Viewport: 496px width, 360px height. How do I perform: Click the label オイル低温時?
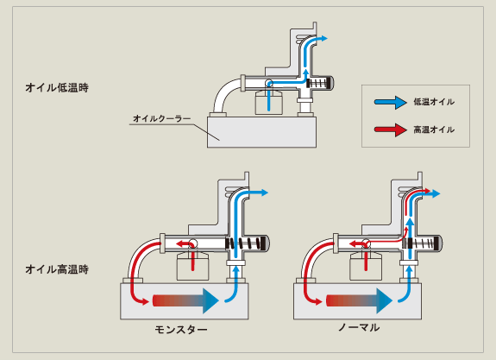click(x=57, y=87)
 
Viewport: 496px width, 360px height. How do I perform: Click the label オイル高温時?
click(x=57, y=269)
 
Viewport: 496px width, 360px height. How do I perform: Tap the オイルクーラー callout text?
click(x=162, y=118)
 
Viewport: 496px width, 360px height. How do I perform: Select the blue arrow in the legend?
click(x=391, y=102)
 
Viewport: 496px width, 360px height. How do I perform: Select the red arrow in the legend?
click(x=391, y=129)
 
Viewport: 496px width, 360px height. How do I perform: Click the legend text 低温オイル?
click(x=434, y=102)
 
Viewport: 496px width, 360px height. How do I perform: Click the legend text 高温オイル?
click(x=434, y=129)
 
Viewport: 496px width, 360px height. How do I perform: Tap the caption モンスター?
click(x=181, y=330)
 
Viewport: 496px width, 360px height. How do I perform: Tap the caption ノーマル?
click(x=359, y=327)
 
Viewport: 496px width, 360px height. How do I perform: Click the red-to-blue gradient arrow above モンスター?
click(x=185, y=300)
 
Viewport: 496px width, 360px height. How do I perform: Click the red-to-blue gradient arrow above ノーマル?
click(x=359, y=300)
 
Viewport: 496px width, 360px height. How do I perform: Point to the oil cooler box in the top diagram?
click(x=261, y=132)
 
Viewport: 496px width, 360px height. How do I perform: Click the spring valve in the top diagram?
click(x=320, y=83)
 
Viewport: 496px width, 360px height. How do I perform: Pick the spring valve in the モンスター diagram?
click(x=247, y=243)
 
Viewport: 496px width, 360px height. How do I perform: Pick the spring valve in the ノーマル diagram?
click(x=420, y=243)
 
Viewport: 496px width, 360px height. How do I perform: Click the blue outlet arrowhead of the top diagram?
click(x=323, y=39)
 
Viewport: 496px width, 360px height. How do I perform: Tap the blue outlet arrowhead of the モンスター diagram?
click(x=264, y=193)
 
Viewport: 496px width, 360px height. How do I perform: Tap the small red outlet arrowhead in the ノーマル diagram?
click(x=427, y=191)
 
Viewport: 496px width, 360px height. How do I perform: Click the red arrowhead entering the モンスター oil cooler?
click(x=145, y=301)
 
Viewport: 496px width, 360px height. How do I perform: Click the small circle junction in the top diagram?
click(x=269, y=83)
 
